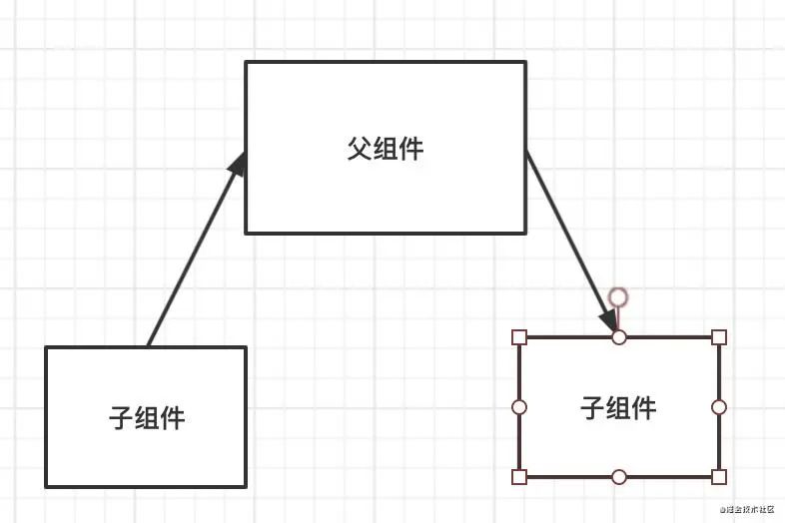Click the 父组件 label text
[x=386, y=150]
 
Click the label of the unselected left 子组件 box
[x=147, y=417]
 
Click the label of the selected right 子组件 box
[x=618, y=407]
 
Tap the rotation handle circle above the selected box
[x=618, y=296]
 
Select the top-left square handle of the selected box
[x=519, y=337]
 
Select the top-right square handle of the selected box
[x=719, y=337]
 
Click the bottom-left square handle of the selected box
[x=519, y=477]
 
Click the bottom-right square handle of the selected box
[x=719, y=477]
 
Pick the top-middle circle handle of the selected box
[x=619, y=337]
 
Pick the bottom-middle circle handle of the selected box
[x=619, y=477]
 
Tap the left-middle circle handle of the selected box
[x=519, y=407]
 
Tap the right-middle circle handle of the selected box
[x=719, y=407]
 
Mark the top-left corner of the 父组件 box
[x=247, y=63]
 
